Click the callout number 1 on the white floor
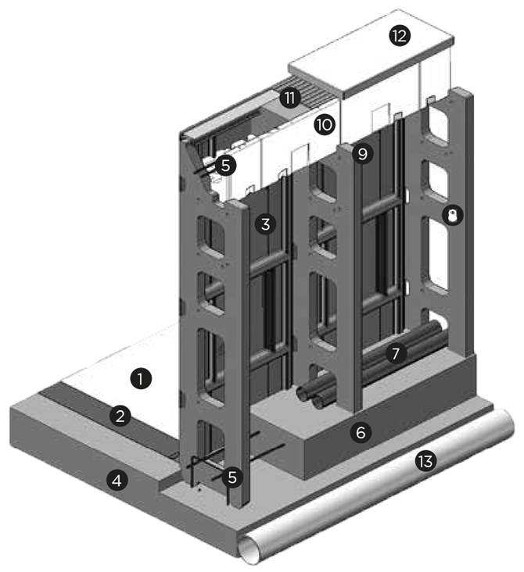pyautogui.click(x=140, y=381)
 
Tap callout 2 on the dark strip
pyautogui.click(x=120, y=416)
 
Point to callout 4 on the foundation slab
pyautogui.click(x=116, y=481)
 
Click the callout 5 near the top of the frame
pyautogui.click(x=225, y=165)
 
